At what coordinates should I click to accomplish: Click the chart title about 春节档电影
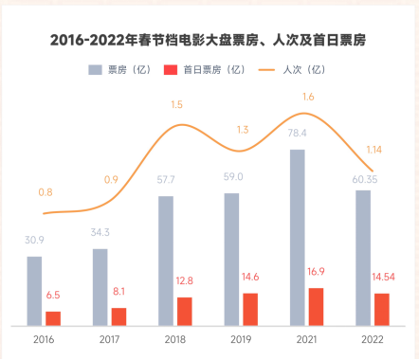209,40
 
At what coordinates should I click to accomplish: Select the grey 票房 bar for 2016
34,290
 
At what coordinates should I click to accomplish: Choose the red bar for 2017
118,315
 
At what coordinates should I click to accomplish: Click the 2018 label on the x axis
174,339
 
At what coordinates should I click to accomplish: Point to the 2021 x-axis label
306,339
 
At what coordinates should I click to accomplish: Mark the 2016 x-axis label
43,339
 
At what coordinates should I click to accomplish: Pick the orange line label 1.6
308,97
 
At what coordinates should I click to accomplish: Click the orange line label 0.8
46,193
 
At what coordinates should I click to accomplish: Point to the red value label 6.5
54,296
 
